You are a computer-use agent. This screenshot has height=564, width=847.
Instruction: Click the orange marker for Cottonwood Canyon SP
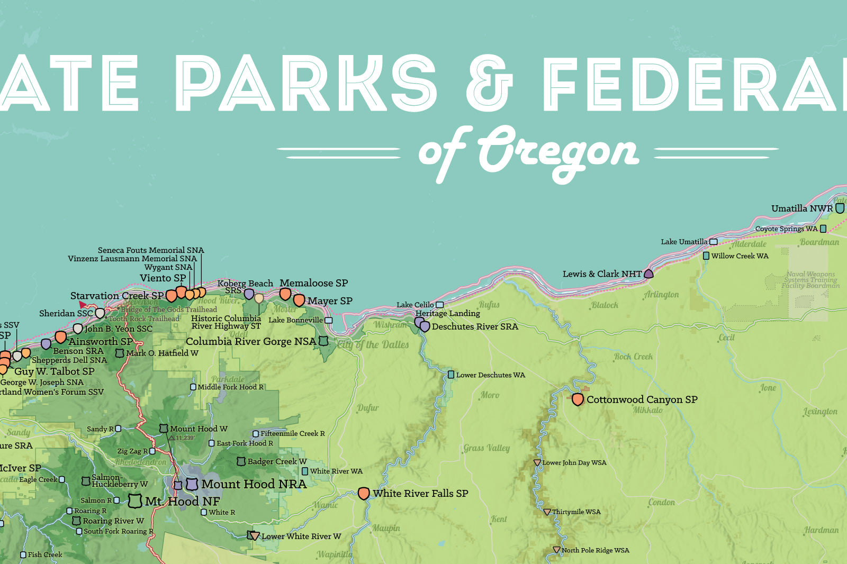click(x=578, y=399)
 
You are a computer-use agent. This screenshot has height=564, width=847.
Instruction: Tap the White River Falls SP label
click(x=420, y=493)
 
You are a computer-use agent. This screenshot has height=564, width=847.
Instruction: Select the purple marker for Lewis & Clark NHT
click(x=648, y=274)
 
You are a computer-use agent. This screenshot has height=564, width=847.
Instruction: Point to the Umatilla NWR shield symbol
click(x=840, y=208)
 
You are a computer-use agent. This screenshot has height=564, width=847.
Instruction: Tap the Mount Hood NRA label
click(x=254, y=484)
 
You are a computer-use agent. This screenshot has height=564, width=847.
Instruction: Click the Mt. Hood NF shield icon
click(x=136, y=501)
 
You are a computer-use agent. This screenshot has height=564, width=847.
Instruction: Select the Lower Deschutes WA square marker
click(x=451, y=375)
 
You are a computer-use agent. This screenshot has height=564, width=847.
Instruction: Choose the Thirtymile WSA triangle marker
click(x=547, y=512)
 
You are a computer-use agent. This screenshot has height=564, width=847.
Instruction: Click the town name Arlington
click(x=661, y=294)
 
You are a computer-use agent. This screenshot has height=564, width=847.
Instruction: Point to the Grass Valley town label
click(x=486, y=448)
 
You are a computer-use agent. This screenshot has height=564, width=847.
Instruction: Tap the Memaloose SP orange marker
click(x=285, y=294)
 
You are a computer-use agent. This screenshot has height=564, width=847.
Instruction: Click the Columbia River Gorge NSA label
click(x=251, y=341)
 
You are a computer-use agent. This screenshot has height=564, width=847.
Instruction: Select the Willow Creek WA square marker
click(x=706, y=256)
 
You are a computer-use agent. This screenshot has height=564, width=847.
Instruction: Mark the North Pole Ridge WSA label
click(x=595, y=550)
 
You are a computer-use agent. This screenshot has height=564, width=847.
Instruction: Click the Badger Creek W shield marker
click(x=241, y=461)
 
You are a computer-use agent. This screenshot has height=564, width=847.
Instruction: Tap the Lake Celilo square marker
click(x=439, y=305)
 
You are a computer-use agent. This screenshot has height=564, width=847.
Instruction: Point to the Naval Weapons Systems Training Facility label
click(x=810, y=280)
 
